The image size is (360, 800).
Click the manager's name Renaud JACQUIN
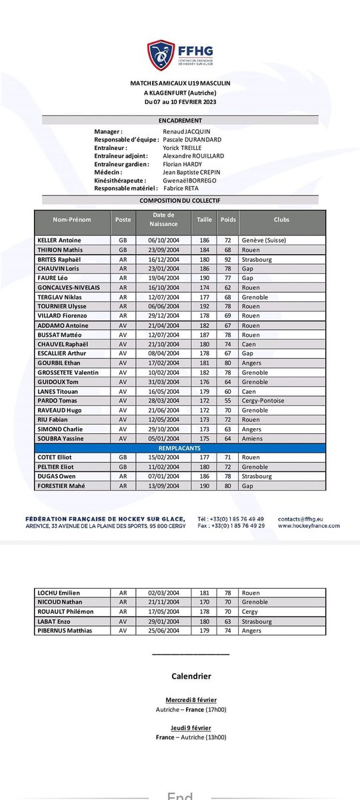tap(187, 132)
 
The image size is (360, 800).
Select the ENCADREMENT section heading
tap(179, 120)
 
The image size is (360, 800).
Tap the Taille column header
tap(204, 219)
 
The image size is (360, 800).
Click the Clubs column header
tap(281, 219)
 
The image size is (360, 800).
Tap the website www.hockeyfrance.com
tap(308, 525)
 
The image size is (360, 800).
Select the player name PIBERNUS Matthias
tap(65, 630)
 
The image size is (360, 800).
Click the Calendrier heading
tap(191, 676)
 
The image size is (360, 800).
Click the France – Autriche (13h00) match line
tap(191, 737)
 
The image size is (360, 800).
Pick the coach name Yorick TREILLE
tap(185, 148)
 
